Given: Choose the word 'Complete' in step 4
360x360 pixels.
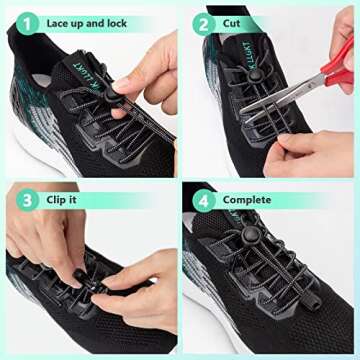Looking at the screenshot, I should pos(247,200).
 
